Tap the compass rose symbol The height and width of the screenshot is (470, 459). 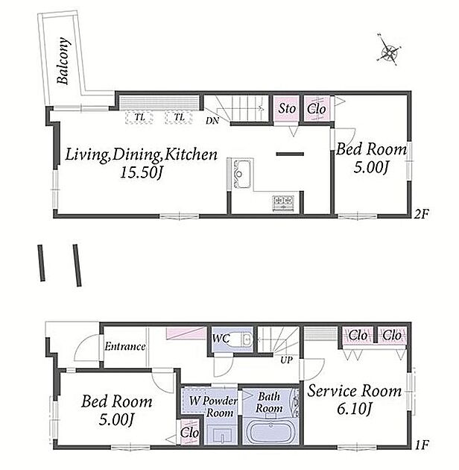pos(389,51)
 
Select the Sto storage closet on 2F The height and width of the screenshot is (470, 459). pos(286,108)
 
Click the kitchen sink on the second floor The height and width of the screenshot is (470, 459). pos(242,174)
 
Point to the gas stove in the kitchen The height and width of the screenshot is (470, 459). pos(283,203)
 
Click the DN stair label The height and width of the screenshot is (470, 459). pos(212,121)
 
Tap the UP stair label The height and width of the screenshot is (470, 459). pos(286,360)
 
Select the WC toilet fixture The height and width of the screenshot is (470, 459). pos(241,339)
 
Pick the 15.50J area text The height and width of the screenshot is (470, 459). pos(141,172)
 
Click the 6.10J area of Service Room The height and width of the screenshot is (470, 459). pos(354,409)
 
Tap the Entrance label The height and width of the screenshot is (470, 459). pos(125,347)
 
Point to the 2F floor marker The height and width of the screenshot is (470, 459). pos(422,214)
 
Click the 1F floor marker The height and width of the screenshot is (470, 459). pos(422,445)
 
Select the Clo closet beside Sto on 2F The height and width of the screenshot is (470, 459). pos(317,108)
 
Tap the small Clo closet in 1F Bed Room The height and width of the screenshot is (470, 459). pos(190,433)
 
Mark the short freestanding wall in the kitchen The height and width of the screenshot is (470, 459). pos(290,154)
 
